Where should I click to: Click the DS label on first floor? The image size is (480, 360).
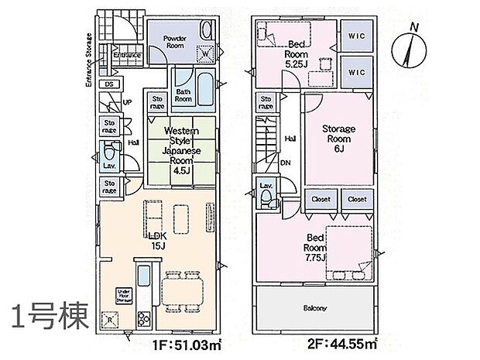click(x=109, y=84)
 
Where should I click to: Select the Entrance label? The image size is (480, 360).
click(x=128, y=56)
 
